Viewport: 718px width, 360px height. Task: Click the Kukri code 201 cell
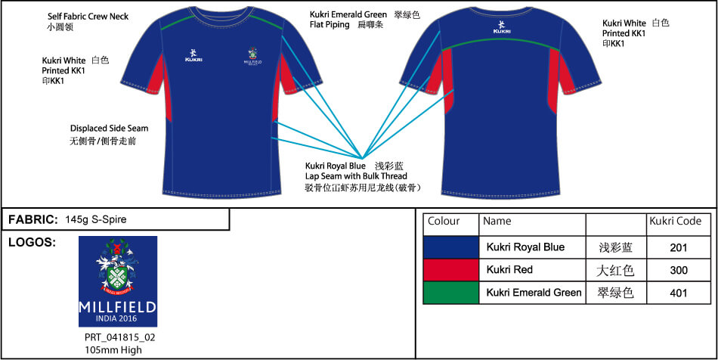(x=678, y=248)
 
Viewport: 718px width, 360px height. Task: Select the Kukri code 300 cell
(x=678, y=270)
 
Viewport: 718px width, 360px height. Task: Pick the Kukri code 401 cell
(x=678, y=293)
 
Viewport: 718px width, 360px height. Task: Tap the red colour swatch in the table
(x=451, y=270)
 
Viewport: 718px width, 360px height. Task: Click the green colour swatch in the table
(x=451, y=293)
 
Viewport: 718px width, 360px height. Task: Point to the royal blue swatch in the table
(x=451, y=248)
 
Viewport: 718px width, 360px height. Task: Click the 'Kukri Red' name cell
(x=532, y=270)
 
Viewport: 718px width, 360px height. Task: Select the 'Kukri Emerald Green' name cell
(x=532, y=293)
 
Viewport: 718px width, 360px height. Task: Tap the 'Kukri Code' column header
(x=676, y=222)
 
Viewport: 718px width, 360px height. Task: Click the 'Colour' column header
(x=443, y=222)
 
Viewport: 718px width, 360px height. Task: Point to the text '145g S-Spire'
(x=96, y=219)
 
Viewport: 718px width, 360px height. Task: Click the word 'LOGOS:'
(x=32, y=243)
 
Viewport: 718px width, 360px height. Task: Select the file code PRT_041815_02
(x=120, y=338)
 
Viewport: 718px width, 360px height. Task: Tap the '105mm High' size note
(x=113, y=350)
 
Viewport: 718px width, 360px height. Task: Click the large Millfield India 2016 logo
(x=118, y=281)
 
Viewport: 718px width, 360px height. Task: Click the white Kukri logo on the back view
(x=502, y=27)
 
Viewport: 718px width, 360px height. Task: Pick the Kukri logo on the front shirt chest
(x=193, y=55)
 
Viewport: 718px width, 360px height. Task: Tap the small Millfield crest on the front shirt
(x=252, y=56)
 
